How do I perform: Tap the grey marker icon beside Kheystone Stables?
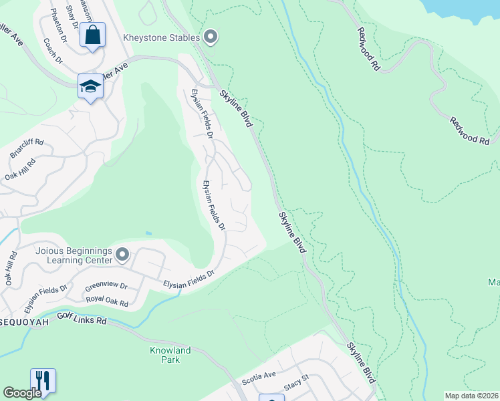coord(211,37)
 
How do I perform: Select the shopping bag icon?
coord(93,35)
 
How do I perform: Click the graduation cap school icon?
coord(90,87)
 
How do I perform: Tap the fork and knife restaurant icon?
coord(43,381)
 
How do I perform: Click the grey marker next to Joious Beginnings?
coord(122,255)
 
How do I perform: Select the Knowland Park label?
coord(170,355)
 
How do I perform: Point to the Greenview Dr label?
coord(106,287)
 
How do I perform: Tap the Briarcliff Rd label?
coord(27,148)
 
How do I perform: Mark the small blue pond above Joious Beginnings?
coord(148,233)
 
